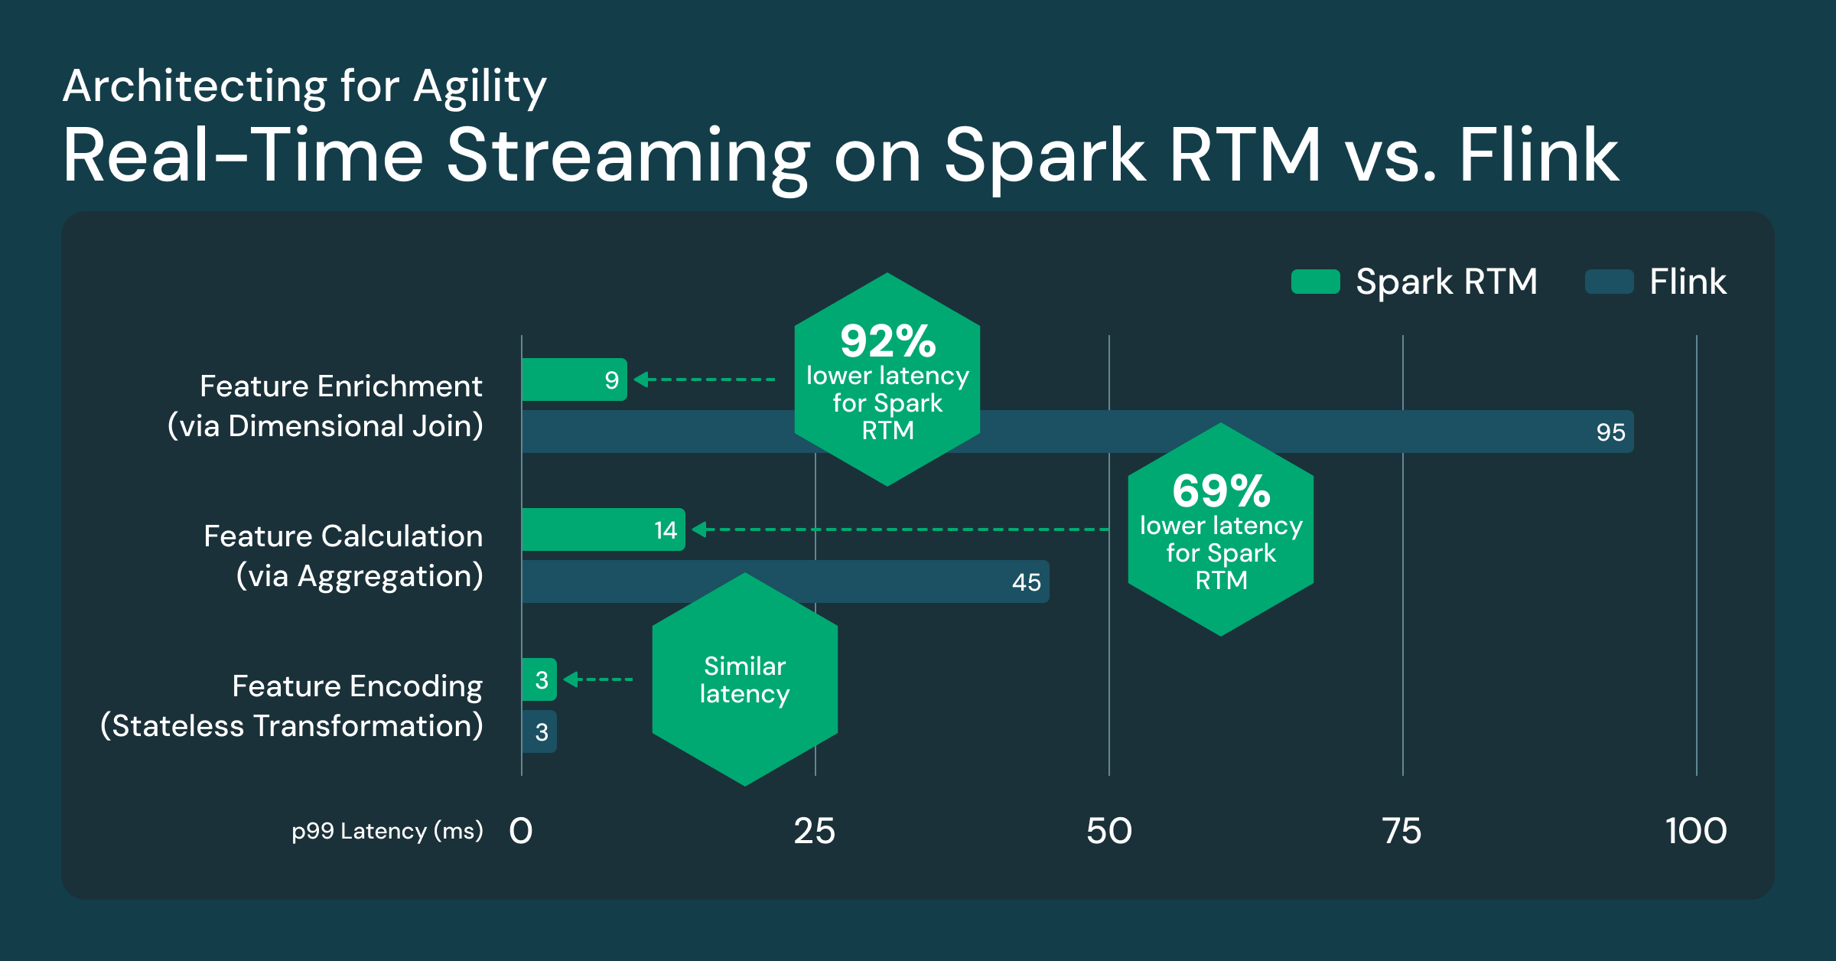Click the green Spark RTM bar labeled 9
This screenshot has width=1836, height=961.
click(x=574, y=380)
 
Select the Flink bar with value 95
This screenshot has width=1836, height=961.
click(x=1300, y=432)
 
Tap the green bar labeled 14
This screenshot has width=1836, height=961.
click(x=603, y=529)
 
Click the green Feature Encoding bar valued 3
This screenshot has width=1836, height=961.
click(x=539, y=679)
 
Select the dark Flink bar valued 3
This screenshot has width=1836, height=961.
click(x=539, y=731)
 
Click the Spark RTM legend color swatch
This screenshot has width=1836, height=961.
click(x=1315, y=282)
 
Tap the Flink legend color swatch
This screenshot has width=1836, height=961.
click(x=1609, y=282)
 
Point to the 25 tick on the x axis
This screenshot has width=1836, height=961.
click(x=815, y=831)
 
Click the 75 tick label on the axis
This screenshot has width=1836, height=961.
click(x=1401, y=831)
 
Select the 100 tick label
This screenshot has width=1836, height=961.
click(x=1695, y=831)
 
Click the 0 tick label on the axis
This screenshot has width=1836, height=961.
click(x=521, y=831)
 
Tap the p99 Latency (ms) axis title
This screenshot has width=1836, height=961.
click(x=387, y=831)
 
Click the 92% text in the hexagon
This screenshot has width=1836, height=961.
click(x=887, y=341)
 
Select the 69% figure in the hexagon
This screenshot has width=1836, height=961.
click(x=1221, y=491)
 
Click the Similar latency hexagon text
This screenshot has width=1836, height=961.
click(x=744, y=679)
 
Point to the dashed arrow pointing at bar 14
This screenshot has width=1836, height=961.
click(x=903, y=529)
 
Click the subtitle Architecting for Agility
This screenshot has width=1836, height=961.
click(x=304, y=86)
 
